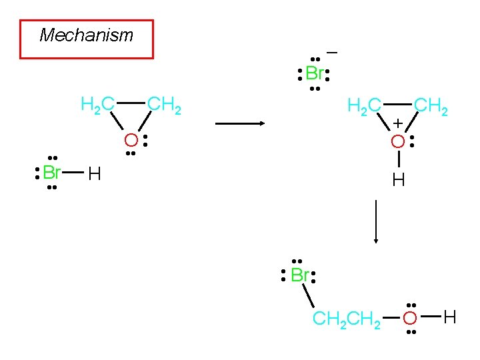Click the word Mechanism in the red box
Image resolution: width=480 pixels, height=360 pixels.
pos(87,35)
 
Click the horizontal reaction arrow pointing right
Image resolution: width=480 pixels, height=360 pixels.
pos(240,123)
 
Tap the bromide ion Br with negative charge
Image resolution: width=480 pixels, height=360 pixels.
pos(315,73)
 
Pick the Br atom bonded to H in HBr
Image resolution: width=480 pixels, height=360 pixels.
pos(52,173)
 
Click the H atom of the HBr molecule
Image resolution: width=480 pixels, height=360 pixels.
pos(95,175)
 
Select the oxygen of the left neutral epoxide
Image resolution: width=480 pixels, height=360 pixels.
pos(131,141)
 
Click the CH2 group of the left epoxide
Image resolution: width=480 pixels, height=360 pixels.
pos(164,104)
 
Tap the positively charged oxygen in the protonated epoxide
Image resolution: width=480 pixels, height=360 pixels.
pos(397,141)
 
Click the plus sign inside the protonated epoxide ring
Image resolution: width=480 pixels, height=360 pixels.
pos(397,123)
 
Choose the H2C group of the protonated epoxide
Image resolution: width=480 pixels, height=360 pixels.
pos(365,105)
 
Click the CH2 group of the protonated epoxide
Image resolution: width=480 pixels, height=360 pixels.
pos(431,105)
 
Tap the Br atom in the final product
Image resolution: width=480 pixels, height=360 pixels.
pos(299,275)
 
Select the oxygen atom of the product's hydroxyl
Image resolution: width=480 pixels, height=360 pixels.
pos(411,319)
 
